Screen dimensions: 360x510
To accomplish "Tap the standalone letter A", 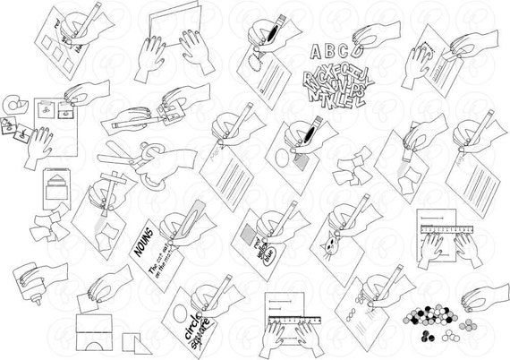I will coord(314,49).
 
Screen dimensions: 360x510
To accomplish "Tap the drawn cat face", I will coord(335,244).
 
